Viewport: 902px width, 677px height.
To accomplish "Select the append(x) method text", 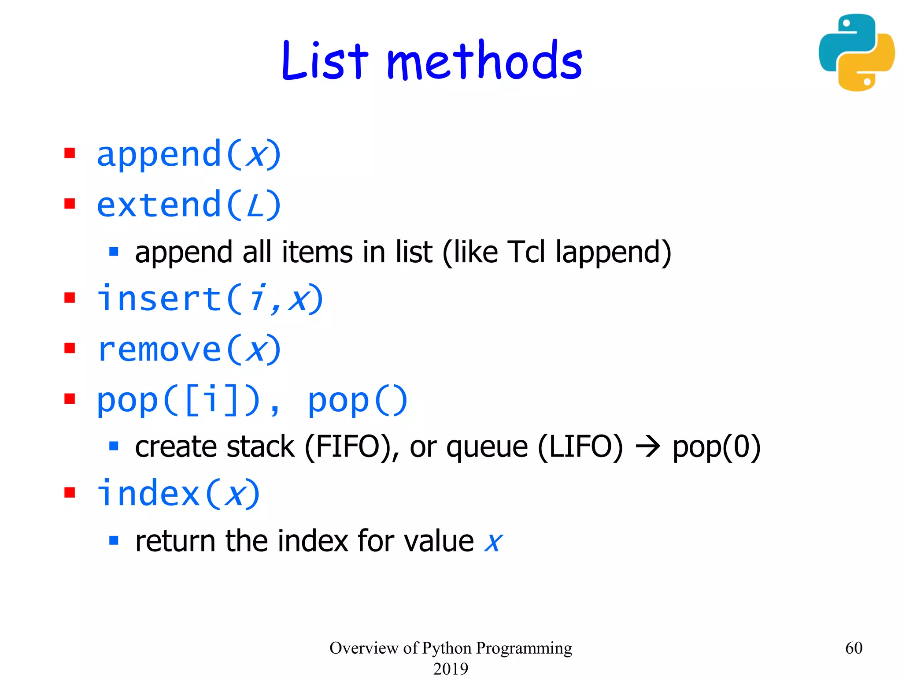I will coord(189,155).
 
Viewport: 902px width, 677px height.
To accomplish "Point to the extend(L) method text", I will coord(189,205).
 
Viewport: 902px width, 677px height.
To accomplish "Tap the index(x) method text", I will coord(178,494).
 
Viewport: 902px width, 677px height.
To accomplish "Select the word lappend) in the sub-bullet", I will coord(613,253).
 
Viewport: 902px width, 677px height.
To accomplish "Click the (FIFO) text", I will coord(347,447).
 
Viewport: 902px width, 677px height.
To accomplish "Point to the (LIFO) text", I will coord(580,447).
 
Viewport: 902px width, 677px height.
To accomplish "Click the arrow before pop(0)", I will coord(648,447).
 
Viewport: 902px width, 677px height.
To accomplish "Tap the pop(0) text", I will coord(717,447).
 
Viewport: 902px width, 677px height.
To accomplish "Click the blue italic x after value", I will coord(493,542).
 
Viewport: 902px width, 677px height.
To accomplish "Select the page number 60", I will coord(854,647).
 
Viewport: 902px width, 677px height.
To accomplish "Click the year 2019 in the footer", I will coord(451,668).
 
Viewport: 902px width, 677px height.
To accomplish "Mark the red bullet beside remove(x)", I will coord(70,349).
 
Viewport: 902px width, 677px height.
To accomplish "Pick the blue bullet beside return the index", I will coord(114,540).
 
